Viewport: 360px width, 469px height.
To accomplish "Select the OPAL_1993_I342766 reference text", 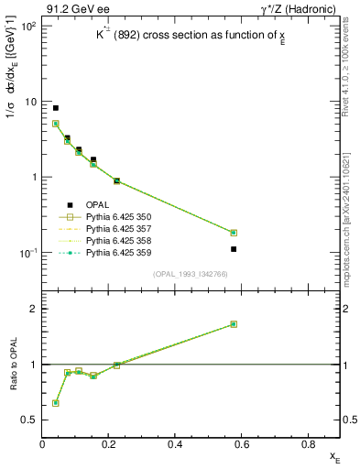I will point(191,274).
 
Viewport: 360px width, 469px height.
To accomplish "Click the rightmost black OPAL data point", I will point(234,249).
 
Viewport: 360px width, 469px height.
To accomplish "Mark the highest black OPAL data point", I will point(55,108).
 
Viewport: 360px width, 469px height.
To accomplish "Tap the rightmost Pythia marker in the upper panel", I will point(234,233).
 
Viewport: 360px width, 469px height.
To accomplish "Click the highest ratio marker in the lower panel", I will point(234,324).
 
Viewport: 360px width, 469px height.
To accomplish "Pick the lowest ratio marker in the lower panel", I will point(55,403).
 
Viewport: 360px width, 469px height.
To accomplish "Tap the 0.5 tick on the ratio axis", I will point(29,420).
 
